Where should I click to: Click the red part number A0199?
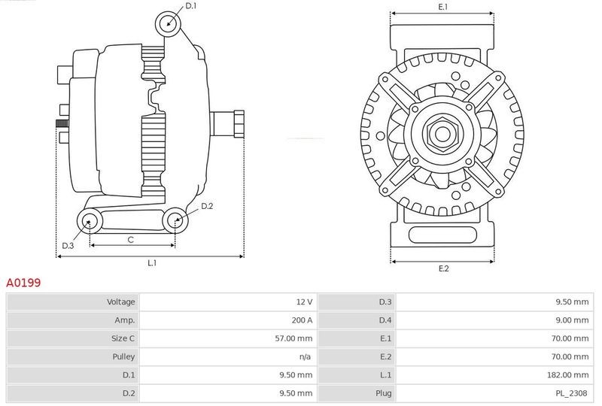pyautogui.click(x=23, y=283)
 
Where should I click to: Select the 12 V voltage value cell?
pyautogui.click(x=305, y=302)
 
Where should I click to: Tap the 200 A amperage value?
pyautogui.click(x=303, y=320)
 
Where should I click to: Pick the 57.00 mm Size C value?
pyautogui.click(x=293, y=338)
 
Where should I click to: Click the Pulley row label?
pyautogui.click(x=123, y=356)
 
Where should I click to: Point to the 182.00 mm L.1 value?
pyautogui.click(x=568, y=375)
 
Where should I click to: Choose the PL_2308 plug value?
pyautogui.click(x=571, y=393)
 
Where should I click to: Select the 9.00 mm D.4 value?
pyautogui.click(x=572, y=320)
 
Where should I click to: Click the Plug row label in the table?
pyautogui.click(x=384, y=393)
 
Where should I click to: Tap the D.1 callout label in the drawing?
pyautogui.click(x=191, y=6)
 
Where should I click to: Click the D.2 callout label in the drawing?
pyautogui.click(x=207, y=206)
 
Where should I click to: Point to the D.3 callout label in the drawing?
pyautogui.click(x=68, y=246)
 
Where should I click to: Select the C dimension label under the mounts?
pyautogui.click(x=130, y=240)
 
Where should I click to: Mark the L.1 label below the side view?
pyautogui.click(x=152, y=263)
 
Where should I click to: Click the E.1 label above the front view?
pyautogui.click(x=443, y=7)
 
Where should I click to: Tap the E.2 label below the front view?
pyautogui.click(x=443, y=268)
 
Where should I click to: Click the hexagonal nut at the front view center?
pyautogui.click(x=442, y=134)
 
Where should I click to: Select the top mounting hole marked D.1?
pyautogui.click(x=168, y=24)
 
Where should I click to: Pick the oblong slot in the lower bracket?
pyautogui.click(x=442, y=235)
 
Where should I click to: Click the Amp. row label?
pyautogui.click(x=125, y=320)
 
